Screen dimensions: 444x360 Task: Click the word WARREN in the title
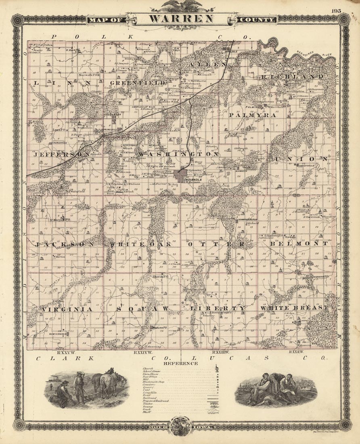(181, 19)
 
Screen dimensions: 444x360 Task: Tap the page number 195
(337, 11)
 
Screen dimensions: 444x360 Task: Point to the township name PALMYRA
(253, 115)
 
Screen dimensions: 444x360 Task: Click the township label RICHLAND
(292, 76)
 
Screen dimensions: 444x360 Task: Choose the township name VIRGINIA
(67, 308)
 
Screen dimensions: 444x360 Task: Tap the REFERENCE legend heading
(181, 363)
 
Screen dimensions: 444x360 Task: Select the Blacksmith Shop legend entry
(155, 381)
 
